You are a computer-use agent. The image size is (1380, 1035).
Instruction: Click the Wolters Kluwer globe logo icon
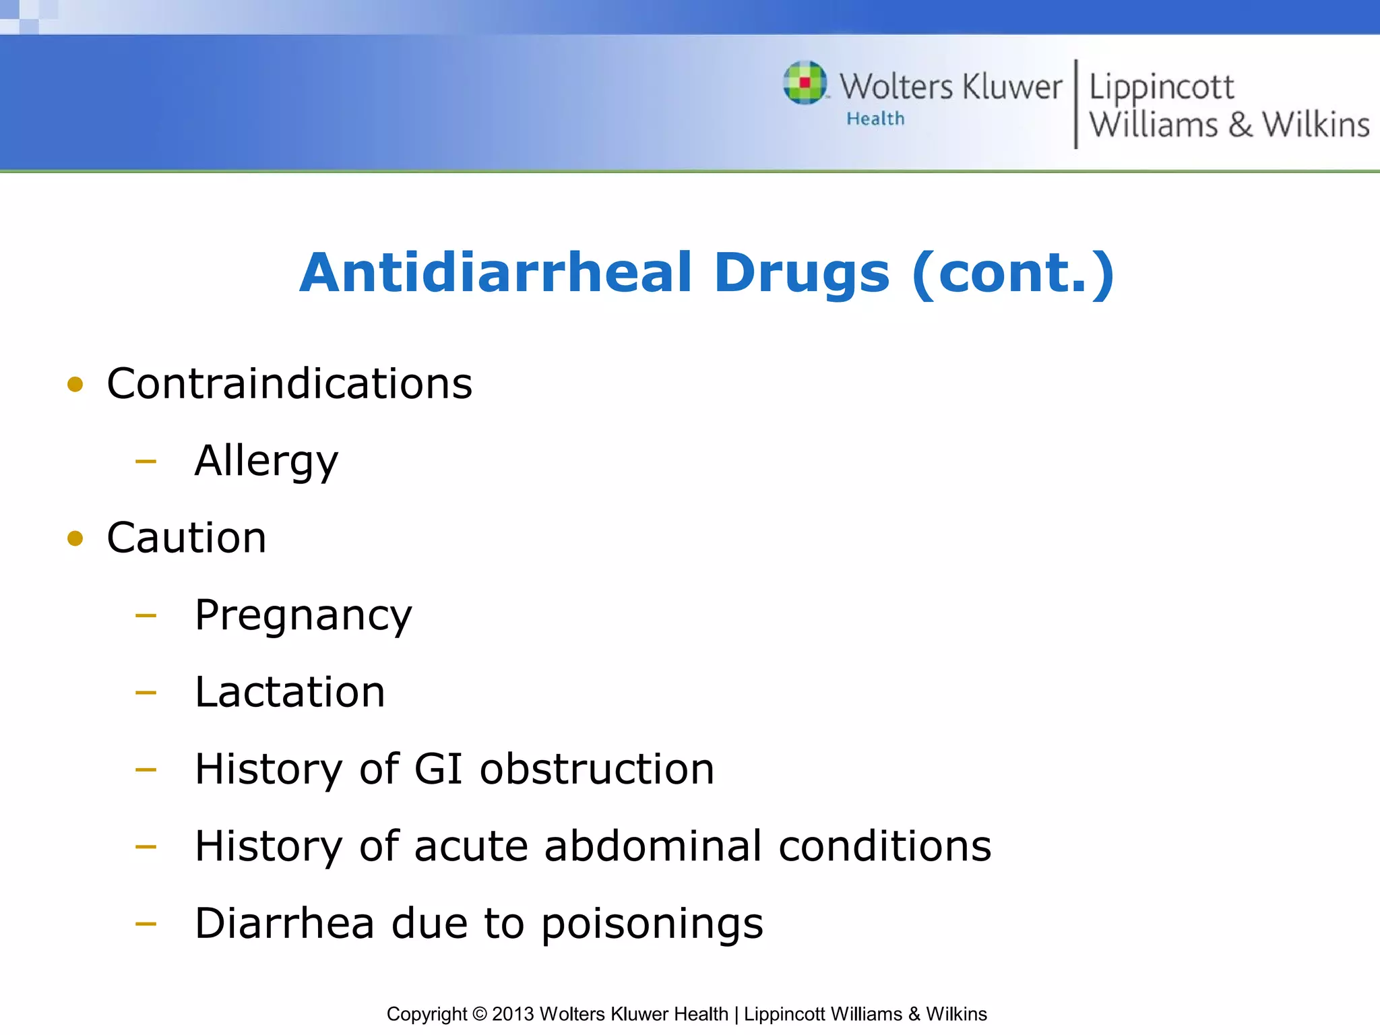(x=805, y=83)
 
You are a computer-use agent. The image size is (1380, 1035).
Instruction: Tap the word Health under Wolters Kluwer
(x=875, y=119)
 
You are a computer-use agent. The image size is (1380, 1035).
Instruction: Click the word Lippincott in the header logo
(x=1161, y=88)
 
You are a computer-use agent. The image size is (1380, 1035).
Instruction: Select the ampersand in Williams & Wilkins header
(x=1240, y=125)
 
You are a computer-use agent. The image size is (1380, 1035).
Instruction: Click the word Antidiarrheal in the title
(x=496, y=273)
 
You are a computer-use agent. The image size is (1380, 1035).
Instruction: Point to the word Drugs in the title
(x=802, y=273)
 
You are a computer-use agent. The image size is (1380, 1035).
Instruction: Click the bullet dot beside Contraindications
(x=75, y=385)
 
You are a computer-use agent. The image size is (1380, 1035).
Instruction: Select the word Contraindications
(x=290, y=384)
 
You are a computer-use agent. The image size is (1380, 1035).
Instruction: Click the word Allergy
(x=266, y=462)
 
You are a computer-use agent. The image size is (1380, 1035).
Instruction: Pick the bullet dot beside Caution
(x=75, y=538)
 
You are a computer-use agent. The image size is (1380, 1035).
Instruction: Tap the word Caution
(x=187, y=538)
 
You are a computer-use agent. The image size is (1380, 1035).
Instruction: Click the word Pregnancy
(x=303, y=616)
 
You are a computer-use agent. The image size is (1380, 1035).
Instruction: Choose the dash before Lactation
(x=146, y=693)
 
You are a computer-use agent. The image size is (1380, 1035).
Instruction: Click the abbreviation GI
(x=438, y=769)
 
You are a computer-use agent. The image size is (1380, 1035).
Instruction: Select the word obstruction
(x=597, y=769)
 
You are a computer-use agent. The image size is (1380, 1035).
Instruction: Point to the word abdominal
(x=653, y=846)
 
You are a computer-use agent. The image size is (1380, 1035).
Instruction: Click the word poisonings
(x=652, y=924)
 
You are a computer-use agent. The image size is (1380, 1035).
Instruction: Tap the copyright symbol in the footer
(x=479, y=1014)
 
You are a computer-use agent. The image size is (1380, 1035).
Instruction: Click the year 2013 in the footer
(x=513, y=1014)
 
